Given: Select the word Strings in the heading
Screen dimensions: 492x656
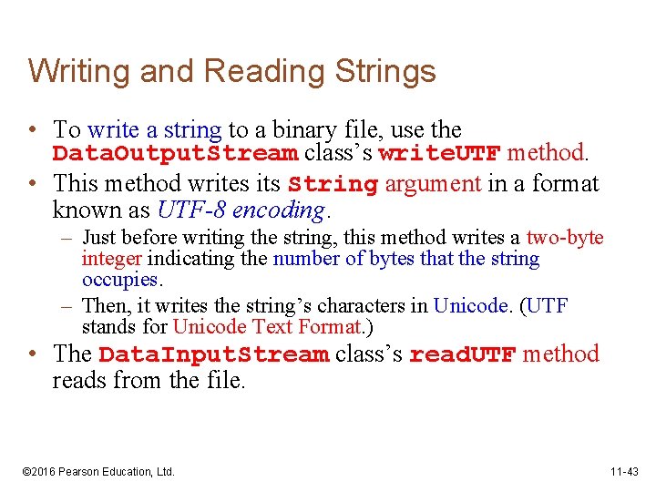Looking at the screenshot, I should tap(384, 71).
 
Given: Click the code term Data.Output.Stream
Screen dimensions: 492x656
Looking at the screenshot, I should tap(175, 152).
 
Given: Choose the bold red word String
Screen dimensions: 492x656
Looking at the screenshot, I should tap(333, 185).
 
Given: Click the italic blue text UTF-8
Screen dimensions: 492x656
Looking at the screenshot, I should tap(191, 211).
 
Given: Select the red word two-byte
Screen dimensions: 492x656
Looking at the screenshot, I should tap(565, 238).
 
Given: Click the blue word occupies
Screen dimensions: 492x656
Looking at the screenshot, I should tap(119, 279).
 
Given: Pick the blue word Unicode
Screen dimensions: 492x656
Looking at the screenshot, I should tap(470, 306).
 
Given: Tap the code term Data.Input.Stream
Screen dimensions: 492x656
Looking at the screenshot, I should tap(213, 354).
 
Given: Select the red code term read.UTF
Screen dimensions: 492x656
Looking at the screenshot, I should tap(463, 354).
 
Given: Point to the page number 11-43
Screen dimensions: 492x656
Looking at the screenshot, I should tap(625, 472).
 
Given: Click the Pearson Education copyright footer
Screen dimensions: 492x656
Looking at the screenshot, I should tap(97, 472).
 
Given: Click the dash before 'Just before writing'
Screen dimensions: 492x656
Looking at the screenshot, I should tap(70, 239).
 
